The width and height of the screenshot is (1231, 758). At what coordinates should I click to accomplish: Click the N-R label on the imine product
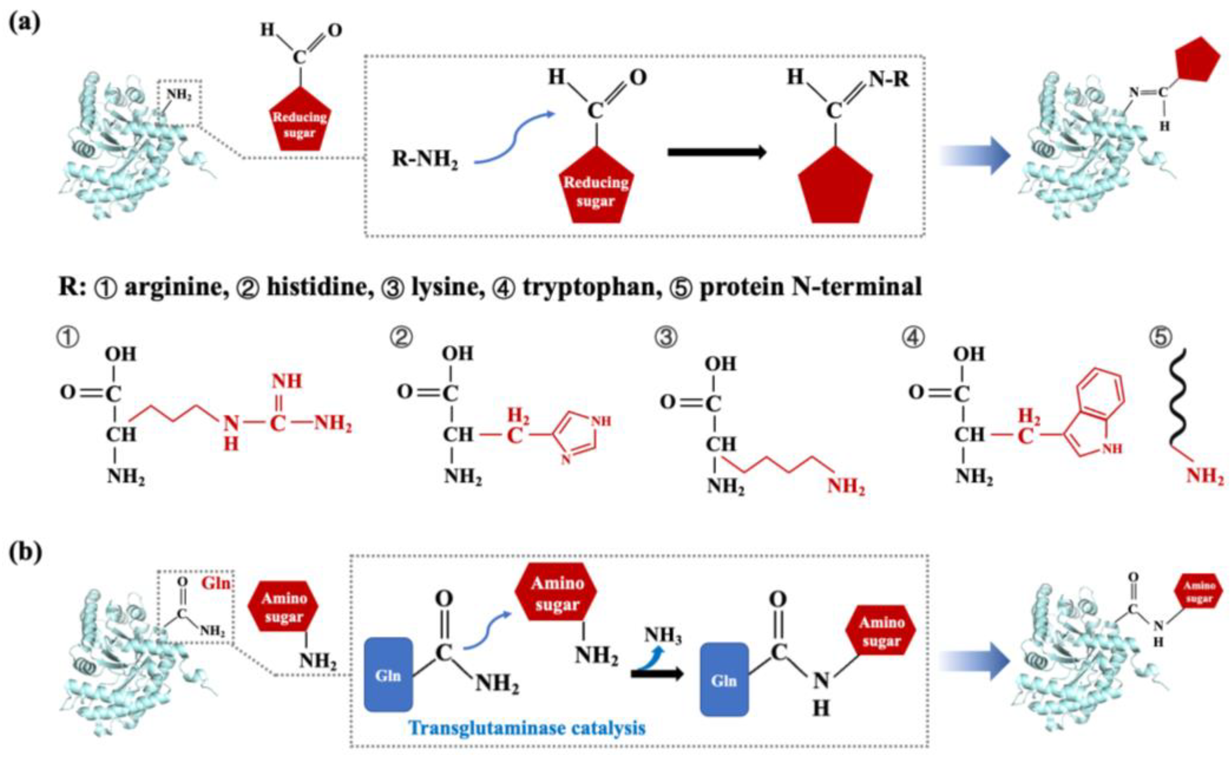click(889, 79)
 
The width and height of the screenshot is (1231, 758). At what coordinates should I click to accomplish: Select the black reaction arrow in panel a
click(717, 152)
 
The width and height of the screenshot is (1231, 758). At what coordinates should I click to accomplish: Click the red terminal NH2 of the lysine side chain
click(846, 486)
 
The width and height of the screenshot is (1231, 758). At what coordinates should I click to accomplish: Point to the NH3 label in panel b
click(662, 635)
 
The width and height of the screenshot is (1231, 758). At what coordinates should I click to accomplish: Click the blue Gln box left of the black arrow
click(388, 675)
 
